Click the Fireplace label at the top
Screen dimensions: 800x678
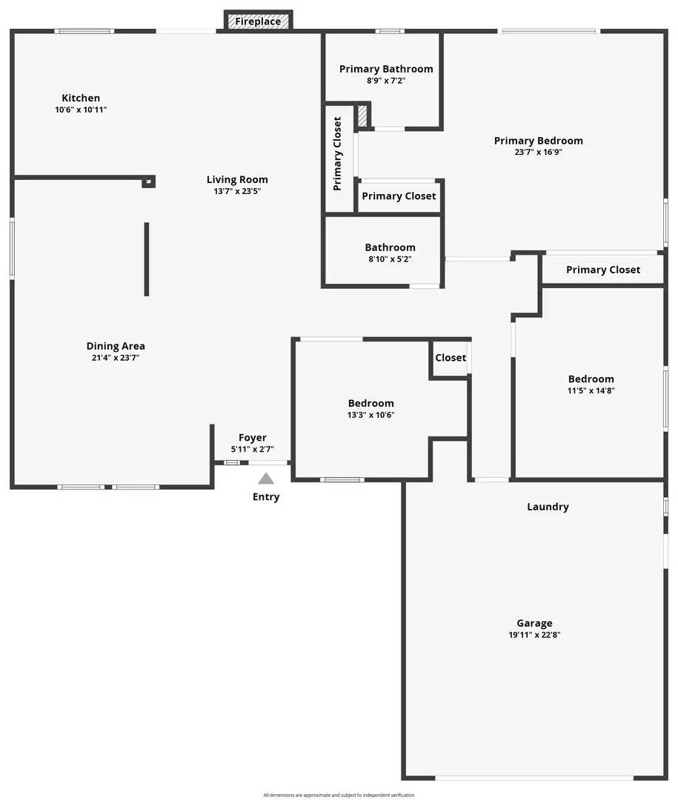[258, 21]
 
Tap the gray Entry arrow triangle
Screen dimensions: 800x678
[266, 479]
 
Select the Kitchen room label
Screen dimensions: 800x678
[81, 98]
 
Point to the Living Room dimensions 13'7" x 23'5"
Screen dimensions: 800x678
[237, 191]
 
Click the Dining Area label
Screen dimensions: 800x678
[116, 346]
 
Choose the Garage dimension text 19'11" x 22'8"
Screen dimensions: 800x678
[534, 635]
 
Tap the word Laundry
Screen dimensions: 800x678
[548, 507]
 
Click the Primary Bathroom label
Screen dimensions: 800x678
[386, 69]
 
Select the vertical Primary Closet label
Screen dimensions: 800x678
[338, 153]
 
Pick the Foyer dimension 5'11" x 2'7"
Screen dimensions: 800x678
[252, 449]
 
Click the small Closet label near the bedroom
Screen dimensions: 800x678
[451, 358]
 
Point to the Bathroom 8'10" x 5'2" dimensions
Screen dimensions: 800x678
[390, 259]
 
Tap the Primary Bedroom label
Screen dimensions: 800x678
[538, 141]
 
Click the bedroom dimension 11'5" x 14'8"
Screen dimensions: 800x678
[591, 390]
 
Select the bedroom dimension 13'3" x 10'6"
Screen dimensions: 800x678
[370, 415]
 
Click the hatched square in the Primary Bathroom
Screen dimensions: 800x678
[362, 116]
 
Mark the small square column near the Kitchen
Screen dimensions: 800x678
[148, 181]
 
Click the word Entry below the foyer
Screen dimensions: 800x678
[266, 496]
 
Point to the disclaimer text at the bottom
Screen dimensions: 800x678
[339, 795]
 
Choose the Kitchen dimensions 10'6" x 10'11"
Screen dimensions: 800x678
[86, 110]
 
